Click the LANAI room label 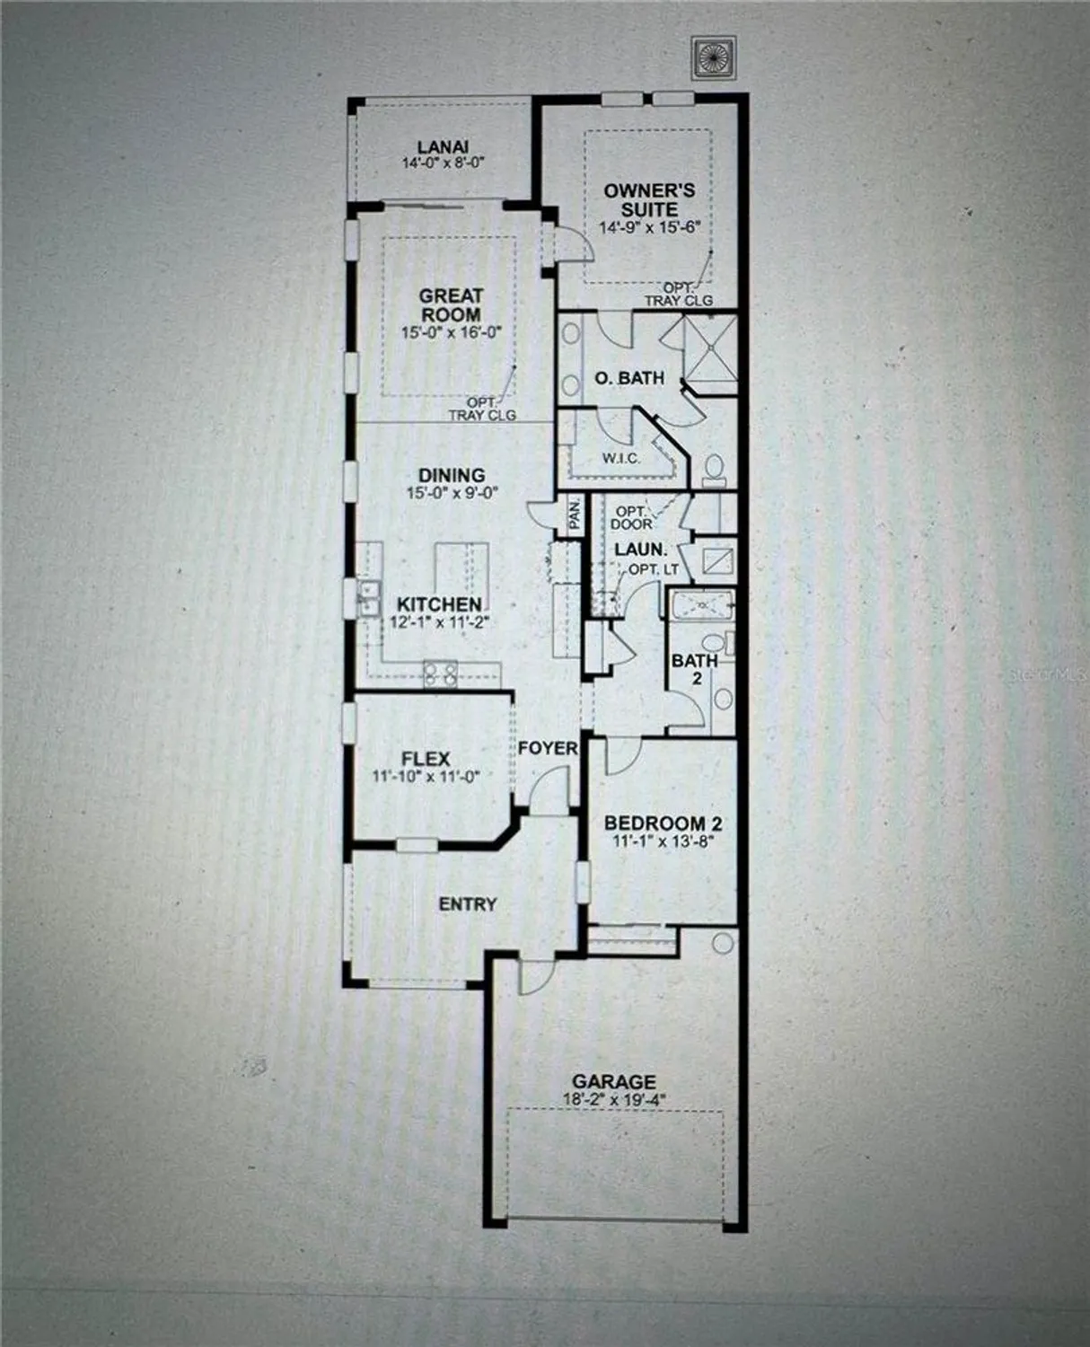point(443,147)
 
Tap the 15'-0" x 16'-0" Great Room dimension point(451,331)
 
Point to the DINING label point(452,475)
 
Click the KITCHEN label point(439,604)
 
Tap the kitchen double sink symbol point(367,599)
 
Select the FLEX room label point(426,759)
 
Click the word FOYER point(547,748)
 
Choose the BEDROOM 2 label point(663,823)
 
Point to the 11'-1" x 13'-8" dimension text point(663,842)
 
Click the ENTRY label point(467,904)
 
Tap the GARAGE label point(614,1082)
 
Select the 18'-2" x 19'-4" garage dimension point(614,1099)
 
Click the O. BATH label point(629,378)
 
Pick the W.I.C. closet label point(620,459)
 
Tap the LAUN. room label point(640,549)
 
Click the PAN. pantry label point(574,515)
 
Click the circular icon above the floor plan point(714,56)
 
